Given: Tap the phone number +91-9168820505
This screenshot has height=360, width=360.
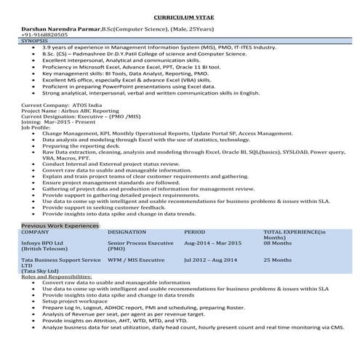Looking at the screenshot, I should [x=45, y=34].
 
